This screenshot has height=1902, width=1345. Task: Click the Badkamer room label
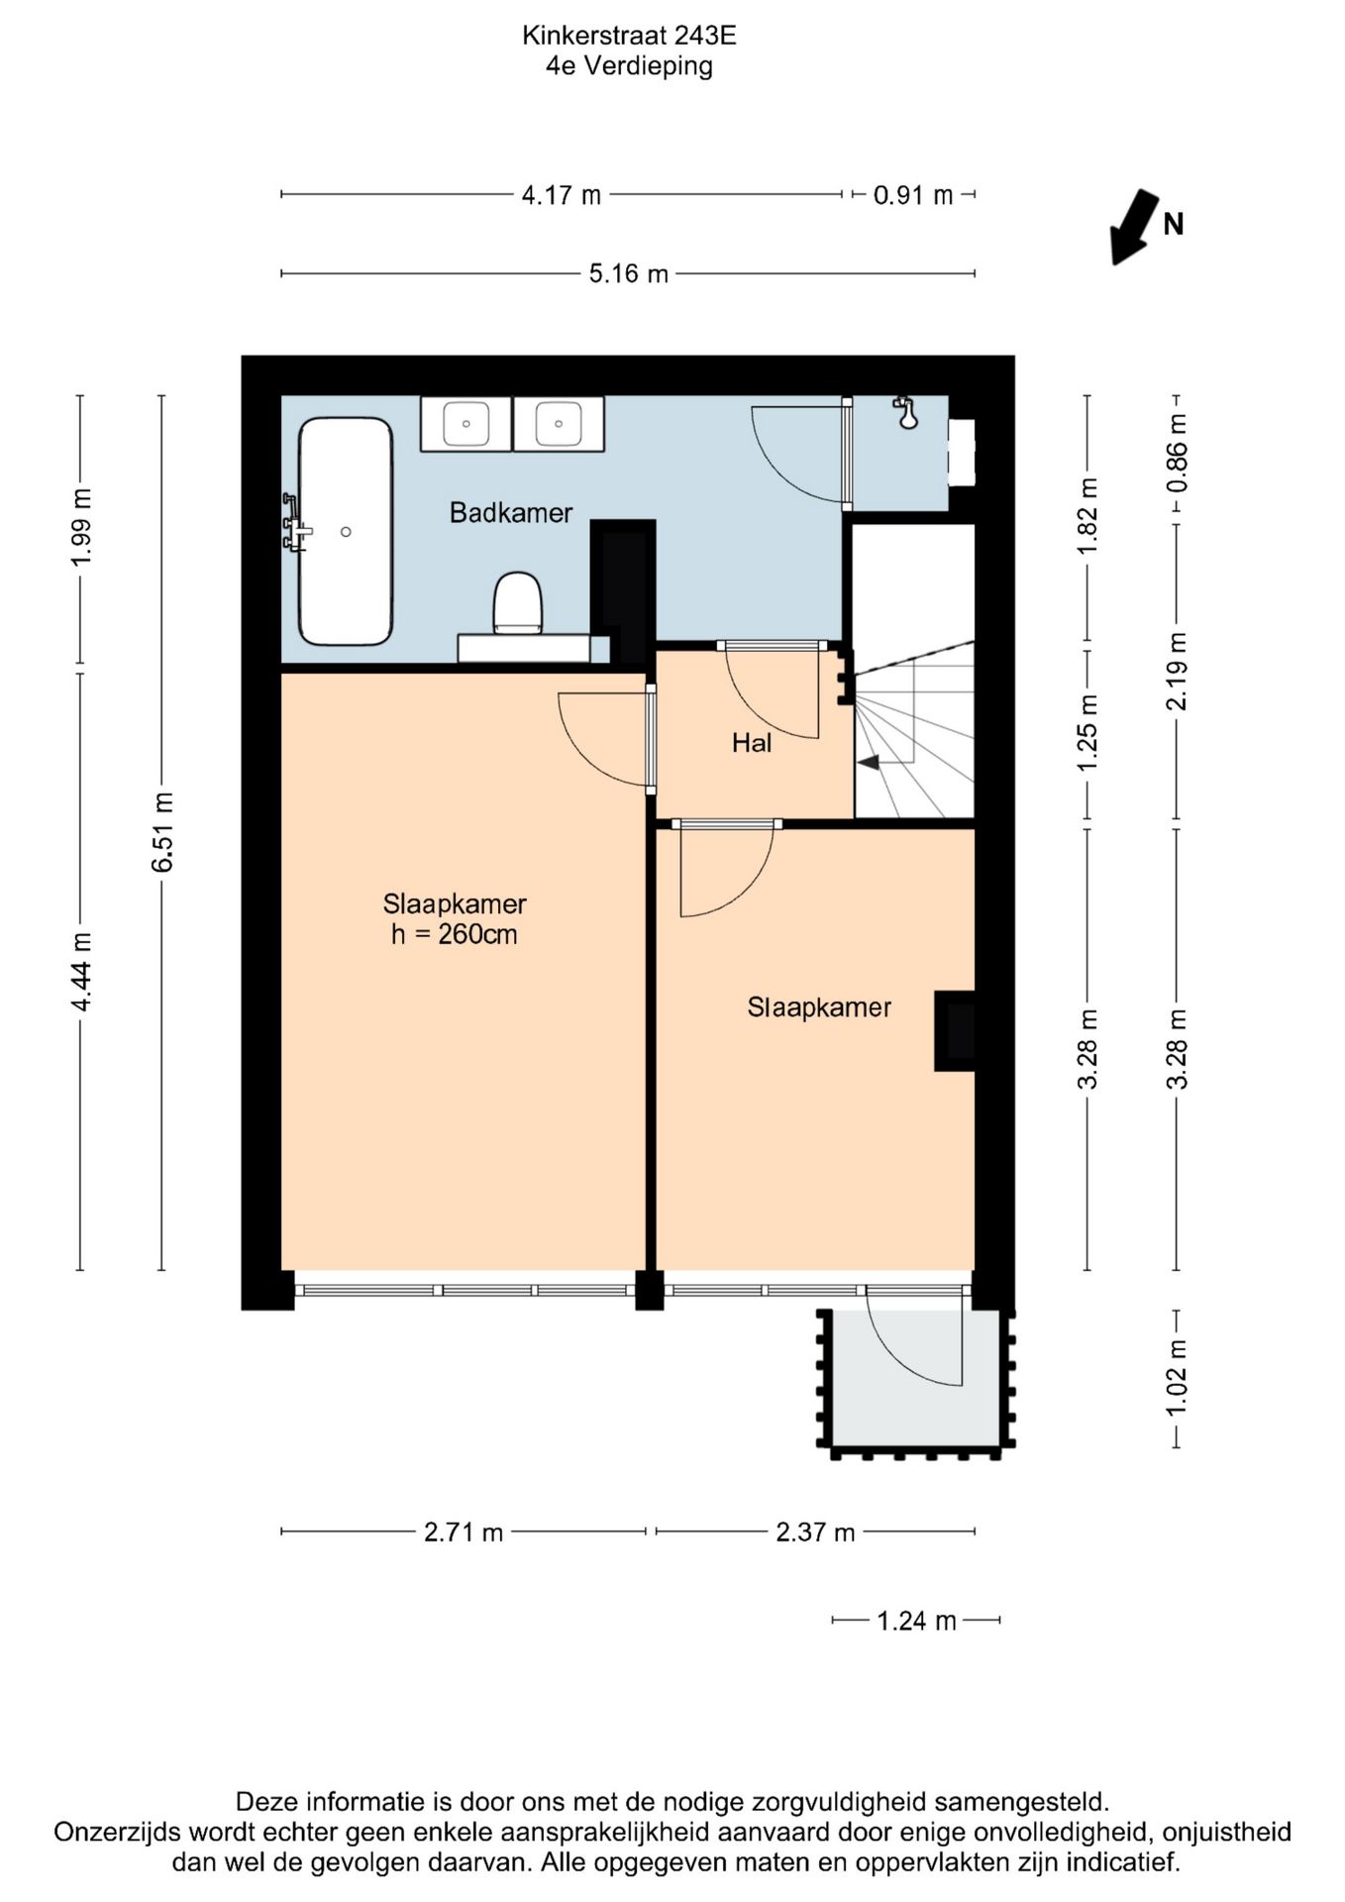pyautogui.click(x=511, y=512)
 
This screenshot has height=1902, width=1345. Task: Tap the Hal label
pyautogui.click(x=752, y=742)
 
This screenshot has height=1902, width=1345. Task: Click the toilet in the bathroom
pyautogui.click(x=518, y=602)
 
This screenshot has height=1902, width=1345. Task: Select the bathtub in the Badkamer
pyautogui.click(x=346, y=531)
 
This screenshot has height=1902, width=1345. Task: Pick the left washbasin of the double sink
pyautogui.click(x=466, y=424)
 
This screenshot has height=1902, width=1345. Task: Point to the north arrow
pyautogui.click(x=1134, y=227)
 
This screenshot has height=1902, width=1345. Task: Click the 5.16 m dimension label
pyautogui.click(x=628, y=273)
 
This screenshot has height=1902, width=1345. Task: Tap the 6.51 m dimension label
pyautogui.click(x=162, y=832)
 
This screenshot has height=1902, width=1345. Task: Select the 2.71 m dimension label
pyautogui.click(x=464, y=1532)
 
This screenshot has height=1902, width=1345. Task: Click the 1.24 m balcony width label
pyautogui.click(x=916, y=1621)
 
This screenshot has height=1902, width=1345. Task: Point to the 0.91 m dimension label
pyautogui.click(x=913, y=195)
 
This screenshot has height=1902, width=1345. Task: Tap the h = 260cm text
pyautogui.click(x=455, y=934)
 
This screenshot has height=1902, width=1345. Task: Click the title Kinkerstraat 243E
pyautogui.click(x=629, y=36)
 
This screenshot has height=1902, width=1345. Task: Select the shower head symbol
pyautogui.click(x=905, y=412)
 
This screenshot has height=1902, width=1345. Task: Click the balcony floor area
pyautogui.click(x=915, y=1378)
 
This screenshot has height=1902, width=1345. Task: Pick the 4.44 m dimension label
pyautogui.click(x=81, y=972)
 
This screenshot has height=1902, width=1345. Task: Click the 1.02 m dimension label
pyautogui.click(x=1177, y=1378)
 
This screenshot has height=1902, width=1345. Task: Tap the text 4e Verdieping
pyautogui.click(x=629, y=66)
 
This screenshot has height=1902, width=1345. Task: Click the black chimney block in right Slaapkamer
pyautogui.click(x=955, y=1031)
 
